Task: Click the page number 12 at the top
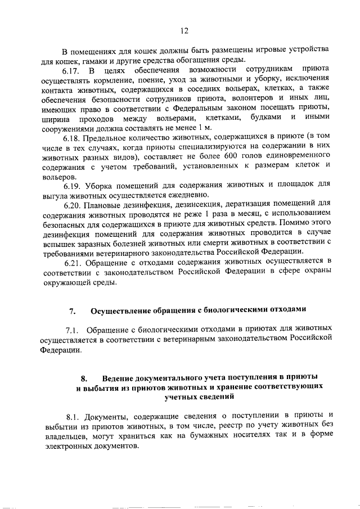[x=183, y=30]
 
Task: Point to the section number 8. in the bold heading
[x=85, y=377]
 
